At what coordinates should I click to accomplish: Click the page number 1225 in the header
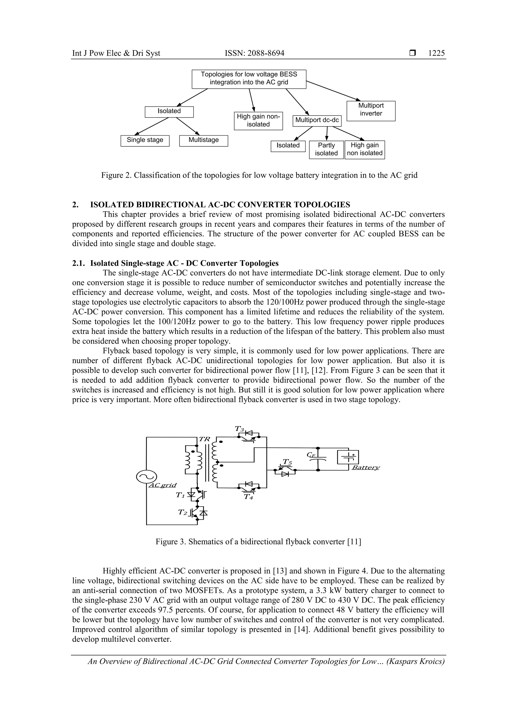pyautogui.click(x=436, y=53)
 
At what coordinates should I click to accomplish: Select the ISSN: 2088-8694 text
pyautogui.click(x=254, y=53)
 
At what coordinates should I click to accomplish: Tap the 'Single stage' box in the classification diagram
pyautogui.click(x=145, y=140)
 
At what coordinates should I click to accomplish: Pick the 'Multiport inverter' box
pyautogui.click(x=371, y=111)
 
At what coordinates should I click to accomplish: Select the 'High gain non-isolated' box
pyautogui.click(x=258, y=121)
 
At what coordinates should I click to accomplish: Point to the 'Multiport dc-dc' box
pyautogui.click(x=317, y=121)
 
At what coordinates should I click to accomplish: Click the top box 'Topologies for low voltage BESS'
pyautogui.click(x=249, y=79)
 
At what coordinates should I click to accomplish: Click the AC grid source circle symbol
pyautogui.click(x=146, y=477)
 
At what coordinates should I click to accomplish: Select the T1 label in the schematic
pyautogui.click(x=180, y=495)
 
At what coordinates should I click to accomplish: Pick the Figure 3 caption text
pyautogui.click(x=258, y=541)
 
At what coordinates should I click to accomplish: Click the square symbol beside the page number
pyautogui.click(x=413, y=53)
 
